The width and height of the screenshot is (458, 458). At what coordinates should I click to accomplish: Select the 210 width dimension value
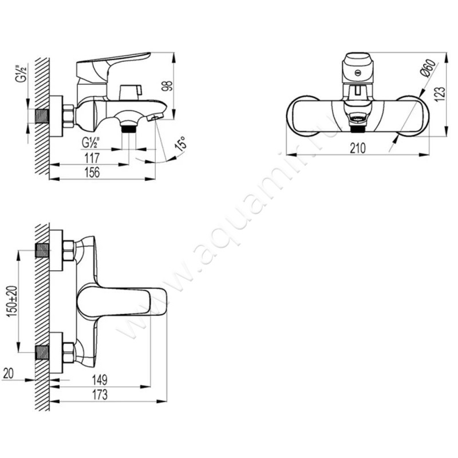[357, 148]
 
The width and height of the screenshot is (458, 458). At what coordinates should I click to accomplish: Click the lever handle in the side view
[114, 62]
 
